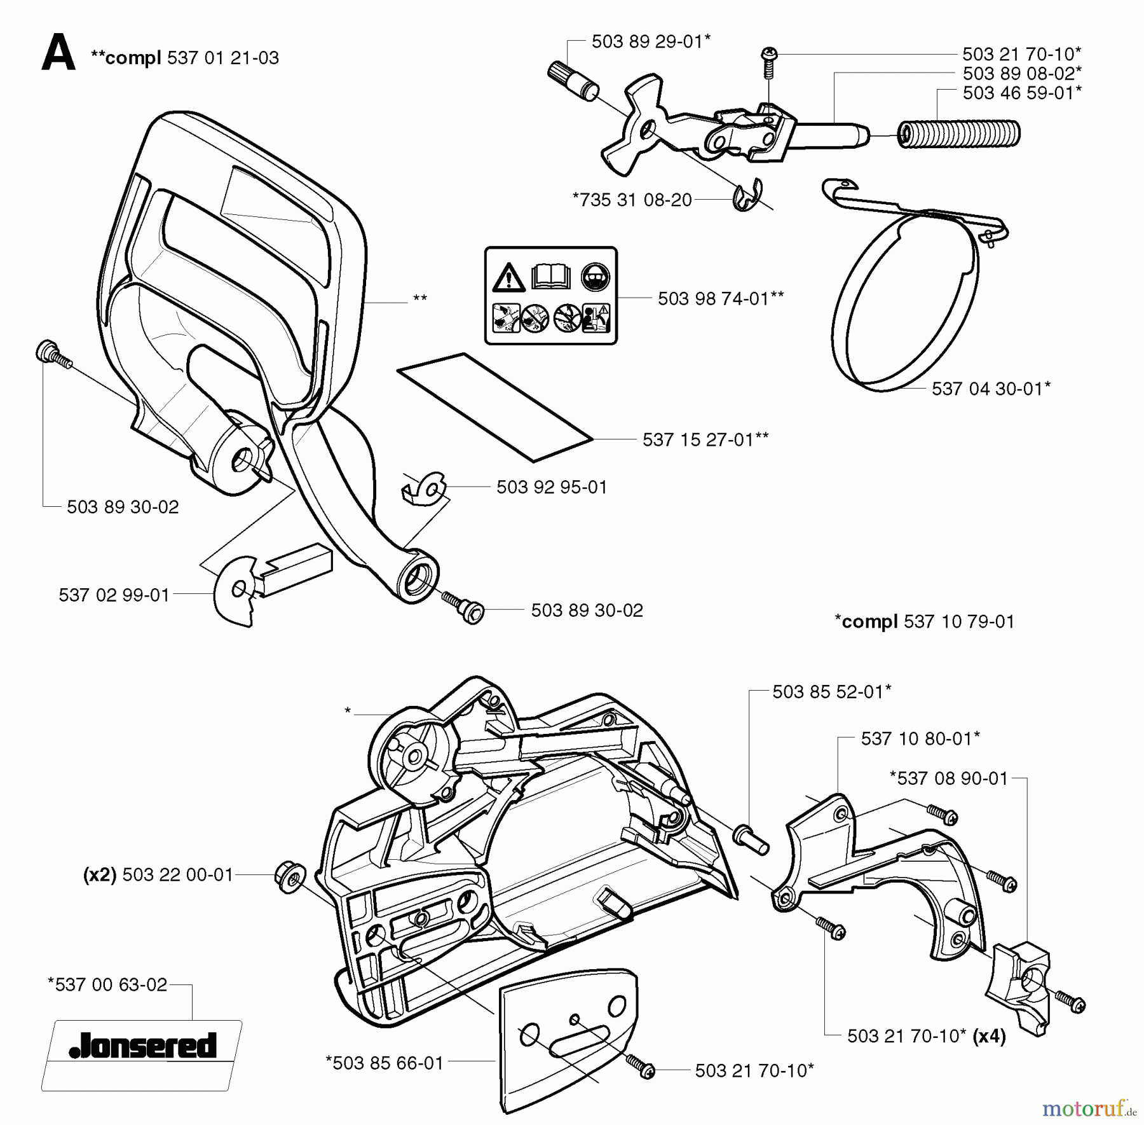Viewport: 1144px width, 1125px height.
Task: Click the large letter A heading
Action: point(58,53)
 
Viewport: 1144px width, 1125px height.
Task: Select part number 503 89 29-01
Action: point(648,41)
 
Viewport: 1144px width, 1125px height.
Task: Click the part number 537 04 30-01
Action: point(986,389)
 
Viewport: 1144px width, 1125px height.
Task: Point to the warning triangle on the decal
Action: point(508,278)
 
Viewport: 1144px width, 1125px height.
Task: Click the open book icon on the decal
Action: point(550,277)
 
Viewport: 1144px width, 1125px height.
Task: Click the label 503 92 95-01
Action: point(552,487)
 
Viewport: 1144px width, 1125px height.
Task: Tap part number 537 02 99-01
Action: point(114,595)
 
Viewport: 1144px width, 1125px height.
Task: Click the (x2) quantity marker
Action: point(100,875)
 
